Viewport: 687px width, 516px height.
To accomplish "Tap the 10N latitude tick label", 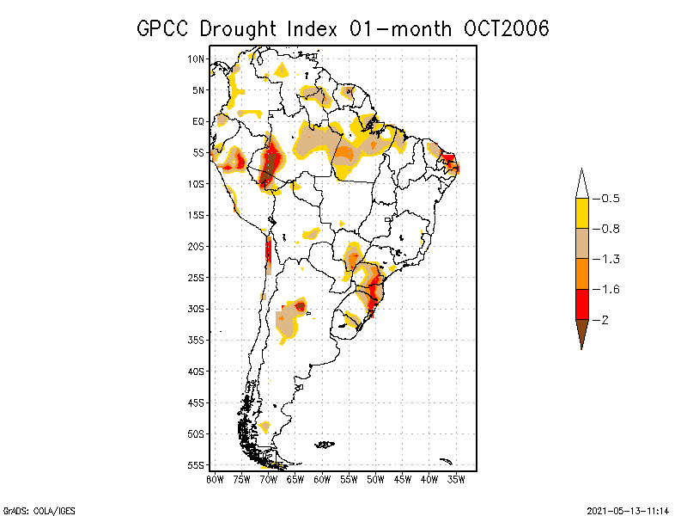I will [197, 58].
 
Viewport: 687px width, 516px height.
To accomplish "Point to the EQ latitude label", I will [198, 121].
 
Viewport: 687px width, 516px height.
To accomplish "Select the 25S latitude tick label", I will [197, 277].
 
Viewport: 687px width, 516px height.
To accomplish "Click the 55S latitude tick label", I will [197, 464].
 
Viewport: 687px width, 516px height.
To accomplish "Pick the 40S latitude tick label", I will [197, 371].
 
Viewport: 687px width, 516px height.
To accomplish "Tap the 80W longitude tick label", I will [215, 478].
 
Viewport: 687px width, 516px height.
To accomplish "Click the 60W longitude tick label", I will [322, 478].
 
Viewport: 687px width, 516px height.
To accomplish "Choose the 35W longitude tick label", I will [456, 478].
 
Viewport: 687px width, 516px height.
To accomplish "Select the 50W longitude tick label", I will [375, 478].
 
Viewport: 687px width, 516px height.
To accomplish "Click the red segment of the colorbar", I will [582, 304].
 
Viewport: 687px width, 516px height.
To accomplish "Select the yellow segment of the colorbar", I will [582, 213].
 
